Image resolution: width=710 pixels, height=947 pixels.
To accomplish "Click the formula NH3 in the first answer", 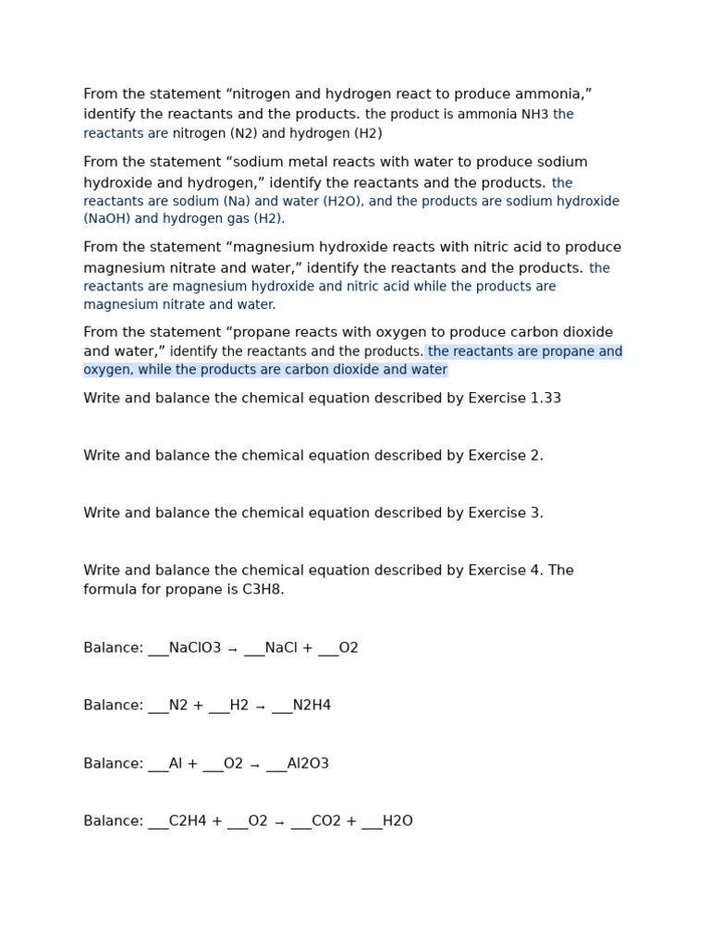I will click(x=535, y=115).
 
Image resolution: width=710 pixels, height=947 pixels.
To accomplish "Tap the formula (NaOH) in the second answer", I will click(x=107, y=219).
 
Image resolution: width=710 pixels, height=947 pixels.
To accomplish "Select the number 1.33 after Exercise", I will click(x=545, y=399).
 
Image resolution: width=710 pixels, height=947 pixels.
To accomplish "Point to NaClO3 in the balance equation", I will click(x=195, y=648).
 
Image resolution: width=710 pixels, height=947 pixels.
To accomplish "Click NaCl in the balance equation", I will click(x=281, y=648).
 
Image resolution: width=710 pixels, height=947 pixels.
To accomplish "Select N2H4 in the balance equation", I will click(x=312, y=706).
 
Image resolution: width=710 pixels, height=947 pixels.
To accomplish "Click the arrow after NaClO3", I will click(x=232, y=649).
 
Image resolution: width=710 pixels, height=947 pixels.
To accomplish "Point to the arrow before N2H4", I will click(x=260, y=707).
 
